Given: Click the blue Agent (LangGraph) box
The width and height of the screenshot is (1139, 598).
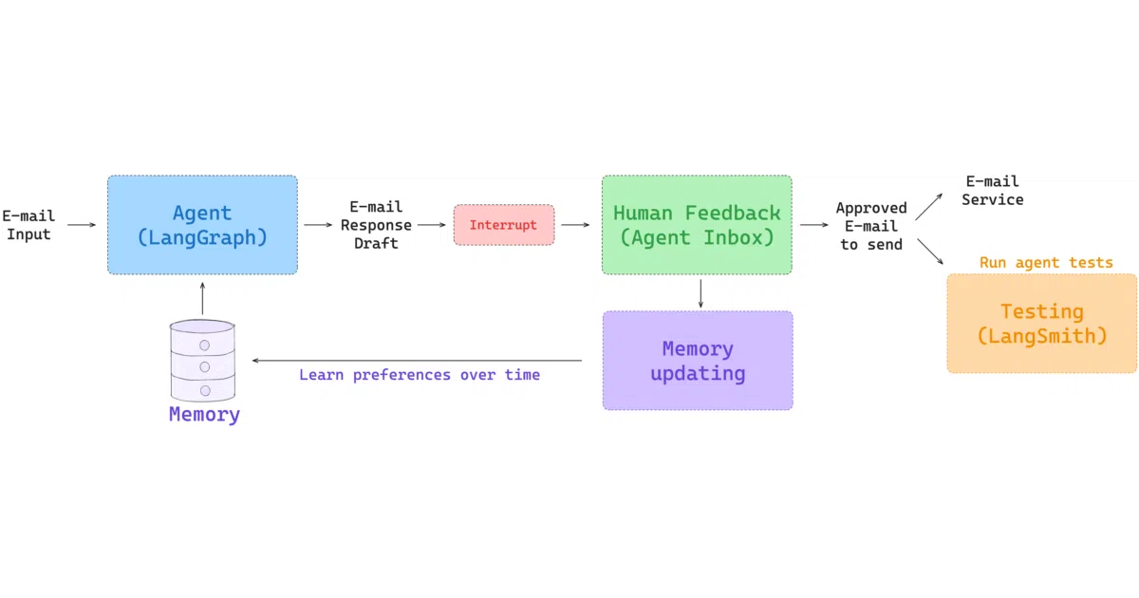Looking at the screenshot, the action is (x=202, y=225).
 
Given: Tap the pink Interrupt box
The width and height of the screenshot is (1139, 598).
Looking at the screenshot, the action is (x=504, y=225).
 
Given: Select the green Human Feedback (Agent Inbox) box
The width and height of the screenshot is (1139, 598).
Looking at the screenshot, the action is (x=697, y=225).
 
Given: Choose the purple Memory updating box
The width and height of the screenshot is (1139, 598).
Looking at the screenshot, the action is (x=698, y=361).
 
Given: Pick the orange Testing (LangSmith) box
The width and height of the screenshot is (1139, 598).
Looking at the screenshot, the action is (x=1042, y=324).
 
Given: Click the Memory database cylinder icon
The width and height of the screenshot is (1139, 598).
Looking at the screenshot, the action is (x=202, y=360).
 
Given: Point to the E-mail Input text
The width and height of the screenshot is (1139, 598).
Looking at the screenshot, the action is (x=28, y=225).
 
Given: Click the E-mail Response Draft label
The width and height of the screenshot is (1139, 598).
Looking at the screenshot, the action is (x=376, y=225).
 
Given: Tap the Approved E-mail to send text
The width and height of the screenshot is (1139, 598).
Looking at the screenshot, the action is (x=871, y=226).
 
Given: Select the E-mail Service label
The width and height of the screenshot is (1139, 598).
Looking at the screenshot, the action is (x=993, y=191).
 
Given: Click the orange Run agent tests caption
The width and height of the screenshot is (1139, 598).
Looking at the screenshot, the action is (x=1046, y=262).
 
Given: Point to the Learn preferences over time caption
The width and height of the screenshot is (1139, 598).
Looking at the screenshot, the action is (x=420, y=375).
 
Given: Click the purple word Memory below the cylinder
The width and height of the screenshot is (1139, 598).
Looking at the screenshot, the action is (x=204, y=414).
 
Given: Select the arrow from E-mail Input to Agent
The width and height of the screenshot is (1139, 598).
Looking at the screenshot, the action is (x=82, y=225).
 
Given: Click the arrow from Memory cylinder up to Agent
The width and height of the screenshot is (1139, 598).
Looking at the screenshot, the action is (x=202, y=298).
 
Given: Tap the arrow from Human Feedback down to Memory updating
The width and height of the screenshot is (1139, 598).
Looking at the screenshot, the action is (x=700, y=293).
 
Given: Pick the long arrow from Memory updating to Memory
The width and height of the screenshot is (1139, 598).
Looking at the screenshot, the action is (x=417, y=361).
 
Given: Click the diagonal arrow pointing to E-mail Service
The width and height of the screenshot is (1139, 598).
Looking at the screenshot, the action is (x=929, y=207).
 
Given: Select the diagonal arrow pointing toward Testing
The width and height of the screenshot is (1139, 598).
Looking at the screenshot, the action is (x=930, y=252).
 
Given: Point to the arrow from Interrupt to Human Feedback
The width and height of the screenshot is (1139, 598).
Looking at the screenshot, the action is (x=575, y=225).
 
